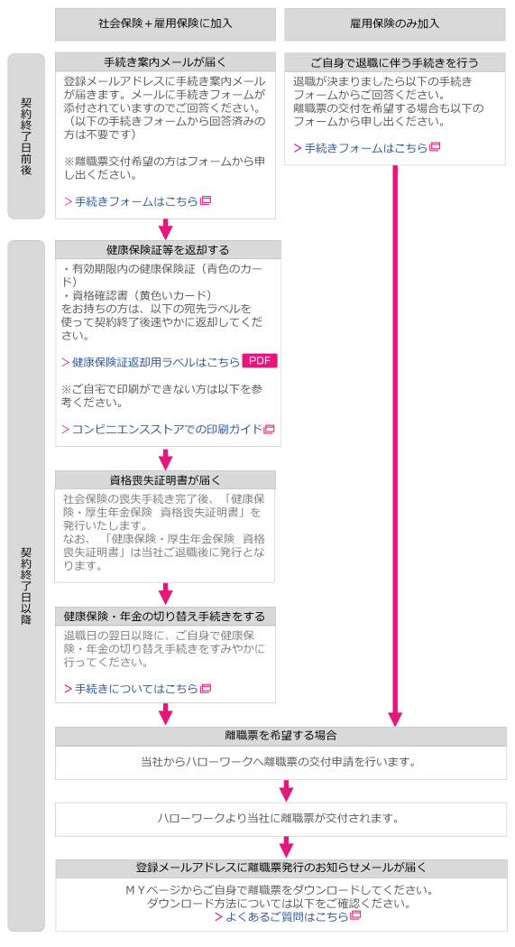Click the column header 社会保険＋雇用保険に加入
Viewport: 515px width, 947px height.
(165, 24)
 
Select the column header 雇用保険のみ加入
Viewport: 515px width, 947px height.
(394, 24)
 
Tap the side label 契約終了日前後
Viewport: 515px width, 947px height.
(26, 136)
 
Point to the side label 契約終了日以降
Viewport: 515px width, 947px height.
(26, 586)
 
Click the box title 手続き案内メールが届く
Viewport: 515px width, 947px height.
(165, 62)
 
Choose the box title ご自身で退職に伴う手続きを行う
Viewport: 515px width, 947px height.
(394, 62)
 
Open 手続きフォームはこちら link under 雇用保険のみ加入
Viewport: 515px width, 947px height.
(366, 148)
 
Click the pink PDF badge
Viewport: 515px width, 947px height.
(260, 360)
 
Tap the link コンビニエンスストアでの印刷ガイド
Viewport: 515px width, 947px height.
(168, 430)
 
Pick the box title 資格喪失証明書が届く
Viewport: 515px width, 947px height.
(165, 480)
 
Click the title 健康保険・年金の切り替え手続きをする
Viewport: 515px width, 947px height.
(165, 617)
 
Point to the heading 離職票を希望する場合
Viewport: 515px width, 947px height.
(280, 736)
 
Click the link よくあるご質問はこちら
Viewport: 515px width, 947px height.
(287, 917)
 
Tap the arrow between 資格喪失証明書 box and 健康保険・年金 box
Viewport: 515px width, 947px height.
(165, 594)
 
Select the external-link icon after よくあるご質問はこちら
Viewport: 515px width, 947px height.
(355, 915)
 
